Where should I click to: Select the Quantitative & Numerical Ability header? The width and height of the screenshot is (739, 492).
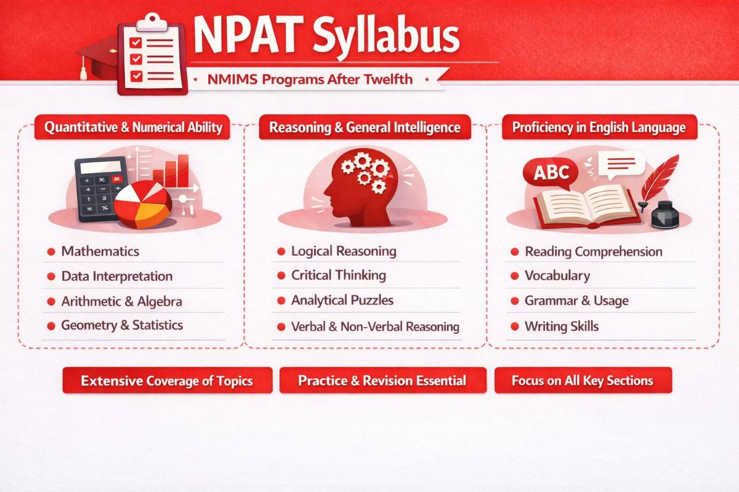click(132, 128)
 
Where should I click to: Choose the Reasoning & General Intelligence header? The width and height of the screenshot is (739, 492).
click(365, 128)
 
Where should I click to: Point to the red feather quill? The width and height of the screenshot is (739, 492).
click(659, 175)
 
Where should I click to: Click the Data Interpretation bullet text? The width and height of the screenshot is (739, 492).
click(116, 277)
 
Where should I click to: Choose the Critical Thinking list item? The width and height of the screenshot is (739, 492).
click(338, 276)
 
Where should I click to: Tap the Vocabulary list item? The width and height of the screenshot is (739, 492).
click(557, 276)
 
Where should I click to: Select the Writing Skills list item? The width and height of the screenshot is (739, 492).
click(561, 326)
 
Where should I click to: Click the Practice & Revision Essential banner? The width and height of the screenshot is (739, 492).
click(382, 381)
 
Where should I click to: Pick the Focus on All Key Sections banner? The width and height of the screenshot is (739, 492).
click(583, 381)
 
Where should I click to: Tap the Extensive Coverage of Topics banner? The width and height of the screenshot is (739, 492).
click(167, 381)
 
